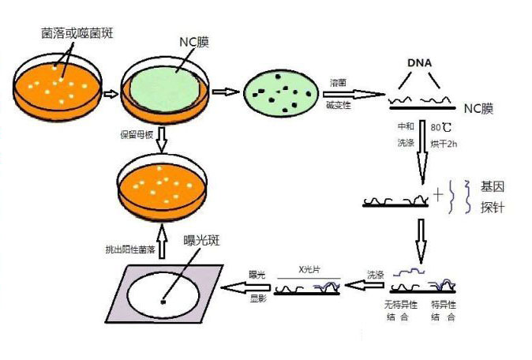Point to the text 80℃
(441, 127)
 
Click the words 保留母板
(135, 134)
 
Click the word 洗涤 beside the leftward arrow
(375, 275)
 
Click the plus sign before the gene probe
(438, 194)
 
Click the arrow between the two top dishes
(111, 92)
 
